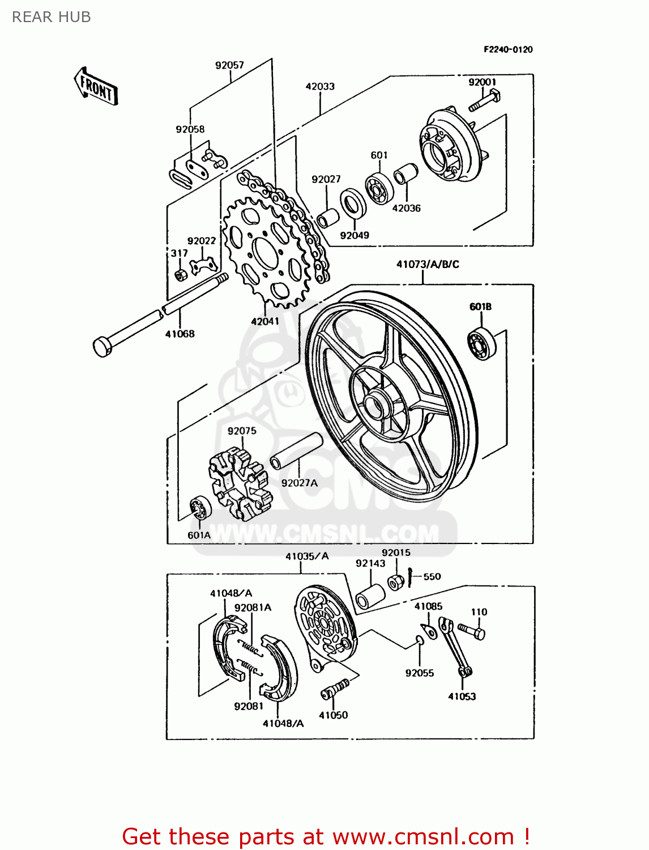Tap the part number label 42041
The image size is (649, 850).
[265, 321]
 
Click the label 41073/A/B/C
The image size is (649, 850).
[428, 264]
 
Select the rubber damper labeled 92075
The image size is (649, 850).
[238, 483]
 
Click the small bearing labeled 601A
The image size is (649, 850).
[200, 507]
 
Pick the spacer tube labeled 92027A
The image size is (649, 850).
[296, 451]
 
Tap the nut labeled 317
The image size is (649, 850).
[181, 275]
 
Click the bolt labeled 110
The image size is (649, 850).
[472, 630]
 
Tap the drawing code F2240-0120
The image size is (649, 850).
[508, 49]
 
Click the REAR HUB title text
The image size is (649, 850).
[51, 17]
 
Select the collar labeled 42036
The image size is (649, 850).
[405, 174]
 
